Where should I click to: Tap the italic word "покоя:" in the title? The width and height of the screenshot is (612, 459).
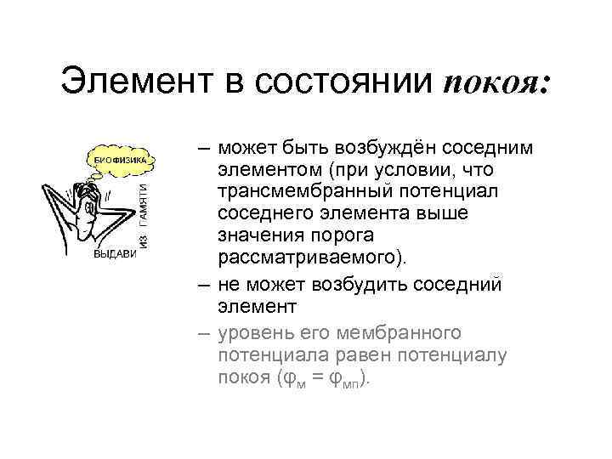click(497, 83)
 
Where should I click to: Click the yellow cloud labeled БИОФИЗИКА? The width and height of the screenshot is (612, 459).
click(119, 159)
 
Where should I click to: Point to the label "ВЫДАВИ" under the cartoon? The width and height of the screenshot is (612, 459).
click(112, 254)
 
